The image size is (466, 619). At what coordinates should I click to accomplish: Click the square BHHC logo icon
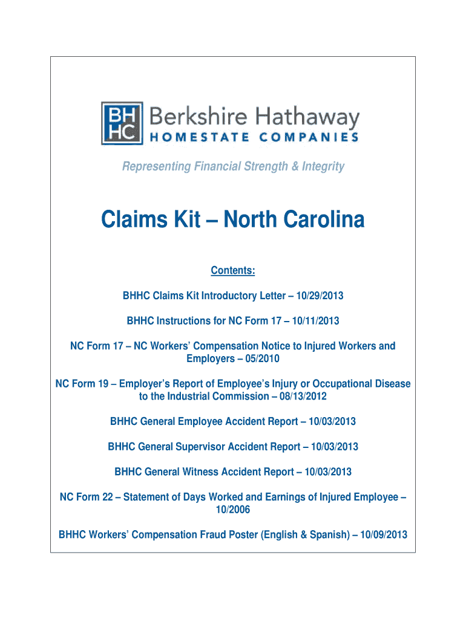tap(122, 123)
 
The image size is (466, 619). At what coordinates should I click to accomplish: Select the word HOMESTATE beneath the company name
tap(194, 138)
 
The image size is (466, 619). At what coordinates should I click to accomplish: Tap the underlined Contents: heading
tap(233, 270)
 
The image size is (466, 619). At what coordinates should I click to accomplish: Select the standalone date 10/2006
tap(233, 510)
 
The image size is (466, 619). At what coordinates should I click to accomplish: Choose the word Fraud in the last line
tap(231, 534)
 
